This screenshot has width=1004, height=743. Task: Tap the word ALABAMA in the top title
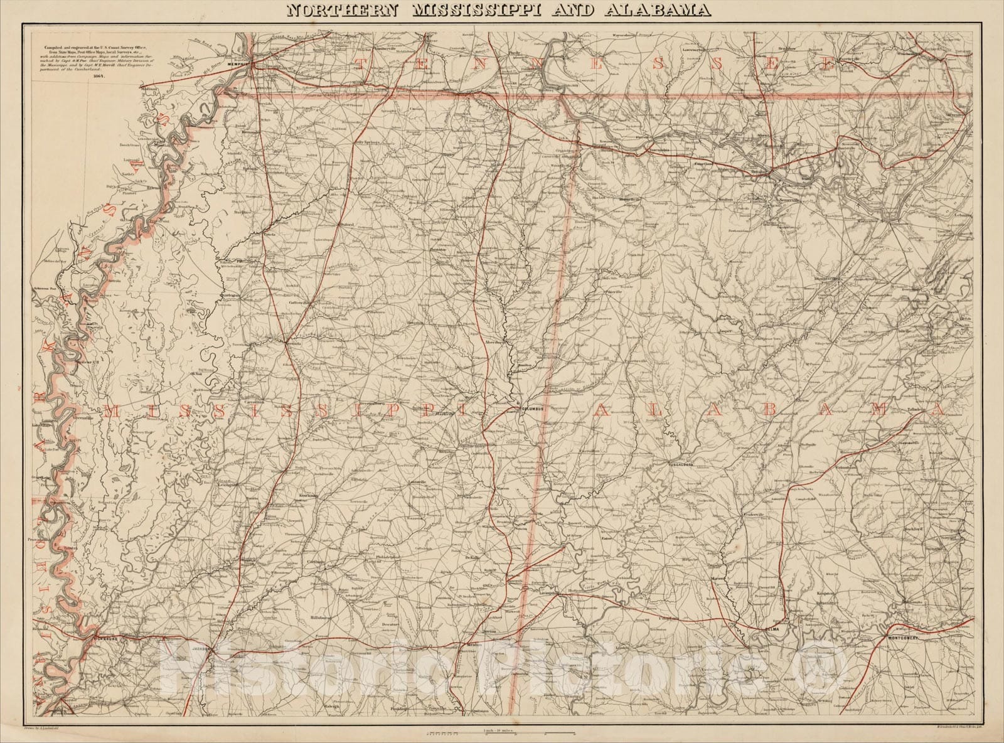coord(668,10)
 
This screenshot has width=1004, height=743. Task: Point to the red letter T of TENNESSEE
coord(362,63)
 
